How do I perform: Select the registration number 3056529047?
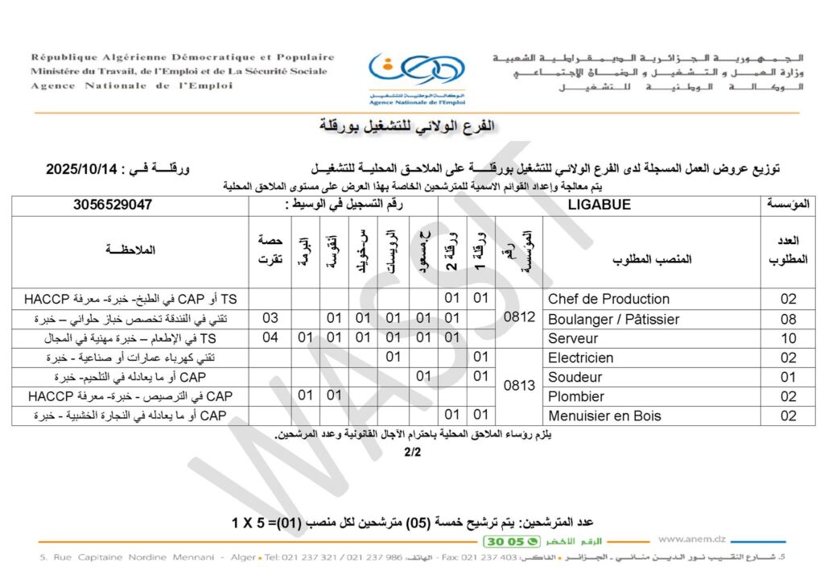[x=113, y=205]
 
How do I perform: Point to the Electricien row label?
[x=580, y=358]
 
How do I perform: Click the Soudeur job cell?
[x=575, y=377]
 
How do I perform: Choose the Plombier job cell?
[x=576, y=396]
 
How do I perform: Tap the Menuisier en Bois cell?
[x=604, y=416]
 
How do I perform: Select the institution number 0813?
[x=519, y=387]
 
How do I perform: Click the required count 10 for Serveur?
[x=788, y=338]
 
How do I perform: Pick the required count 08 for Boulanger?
[x=788, y=319]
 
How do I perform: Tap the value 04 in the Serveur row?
[x=270, y=338]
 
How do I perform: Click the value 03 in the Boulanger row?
[x=270, y=319]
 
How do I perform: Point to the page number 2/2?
[x=412, y=453]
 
